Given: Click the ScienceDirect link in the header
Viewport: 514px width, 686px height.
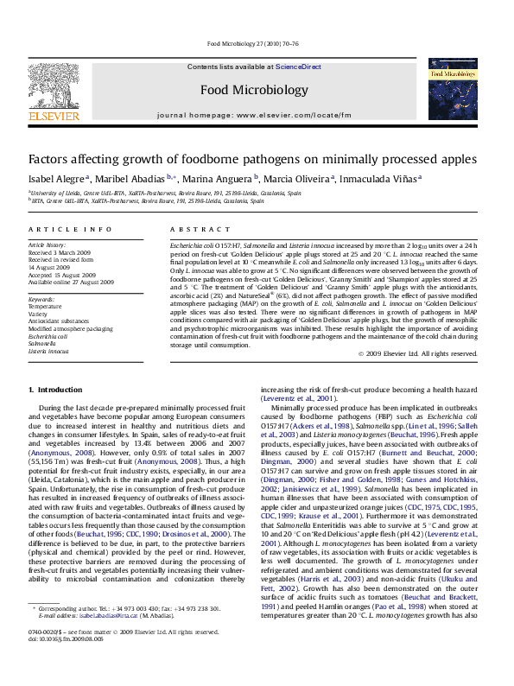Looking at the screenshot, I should (298, 67).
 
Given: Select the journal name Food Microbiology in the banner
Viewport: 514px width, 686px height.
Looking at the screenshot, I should (253, 90).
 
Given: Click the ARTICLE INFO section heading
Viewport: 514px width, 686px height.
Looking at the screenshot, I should (69, 229).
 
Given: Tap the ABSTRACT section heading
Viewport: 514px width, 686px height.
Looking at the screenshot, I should (187, 229).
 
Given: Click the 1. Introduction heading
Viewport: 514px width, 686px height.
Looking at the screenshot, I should (55, 391).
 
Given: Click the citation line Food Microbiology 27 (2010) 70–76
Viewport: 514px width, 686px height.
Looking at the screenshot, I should (257, 43).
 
